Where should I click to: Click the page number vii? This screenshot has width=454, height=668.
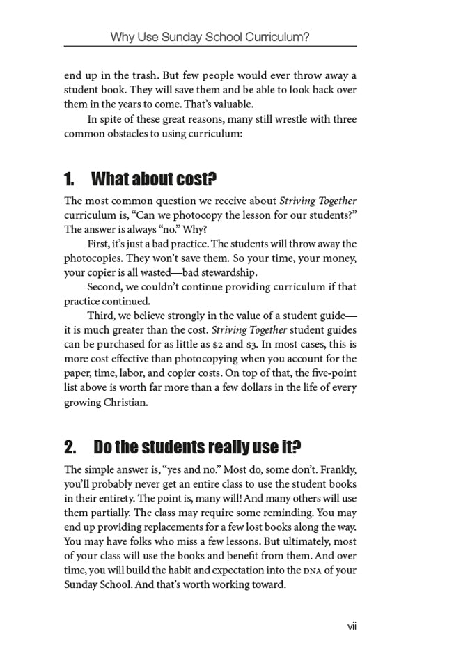coord(352,626)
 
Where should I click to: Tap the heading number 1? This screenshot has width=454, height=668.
coord(69,180)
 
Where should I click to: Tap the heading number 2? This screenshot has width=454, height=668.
coord(70,446)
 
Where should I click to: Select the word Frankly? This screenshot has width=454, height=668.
coord(338,468)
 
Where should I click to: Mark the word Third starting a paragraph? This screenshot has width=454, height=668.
coord(102,316)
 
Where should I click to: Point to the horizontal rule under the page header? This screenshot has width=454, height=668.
coord(210,47)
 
